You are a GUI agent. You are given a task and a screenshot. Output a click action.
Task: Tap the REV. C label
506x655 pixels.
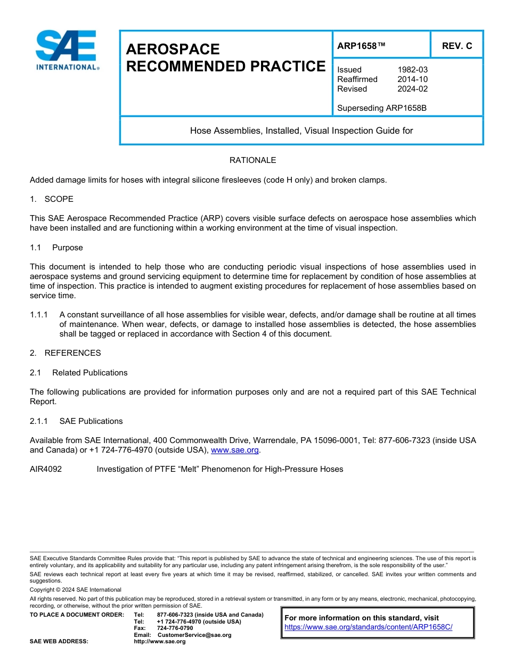[456, 46]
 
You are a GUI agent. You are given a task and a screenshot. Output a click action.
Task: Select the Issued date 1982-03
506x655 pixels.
[412, 70]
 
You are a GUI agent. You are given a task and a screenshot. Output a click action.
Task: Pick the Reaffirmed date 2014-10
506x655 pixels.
[412, 79]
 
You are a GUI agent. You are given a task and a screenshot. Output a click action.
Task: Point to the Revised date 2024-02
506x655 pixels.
[412, 89]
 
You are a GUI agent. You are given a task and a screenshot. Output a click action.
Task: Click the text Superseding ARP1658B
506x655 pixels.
[382, 108]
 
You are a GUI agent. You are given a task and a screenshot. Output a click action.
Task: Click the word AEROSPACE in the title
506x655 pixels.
[173, 50]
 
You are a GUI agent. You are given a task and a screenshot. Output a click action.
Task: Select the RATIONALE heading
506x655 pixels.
[252, 160]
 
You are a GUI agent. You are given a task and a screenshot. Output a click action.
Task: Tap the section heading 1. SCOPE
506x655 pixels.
[52, 199]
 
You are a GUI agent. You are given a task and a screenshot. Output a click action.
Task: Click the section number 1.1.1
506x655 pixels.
[39, 315]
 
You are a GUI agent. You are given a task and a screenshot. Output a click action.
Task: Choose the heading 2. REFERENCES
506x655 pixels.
[65, 353]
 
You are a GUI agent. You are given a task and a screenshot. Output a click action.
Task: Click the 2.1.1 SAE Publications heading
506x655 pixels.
[76, 421]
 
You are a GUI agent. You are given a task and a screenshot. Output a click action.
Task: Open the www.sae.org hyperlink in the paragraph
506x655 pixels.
[235, 450]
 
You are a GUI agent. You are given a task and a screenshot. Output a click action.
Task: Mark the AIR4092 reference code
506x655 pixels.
[46, 469]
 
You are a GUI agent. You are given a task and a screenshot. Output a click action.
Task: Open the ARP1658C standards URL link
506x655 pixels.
[368, 627]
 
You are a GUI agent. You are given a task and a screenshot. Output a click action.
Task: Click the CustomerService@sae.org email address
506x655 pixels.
[194, 635]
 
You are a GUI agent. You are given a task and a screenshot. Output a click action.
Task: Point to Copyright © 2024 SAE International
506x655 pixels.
[75, 589]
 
